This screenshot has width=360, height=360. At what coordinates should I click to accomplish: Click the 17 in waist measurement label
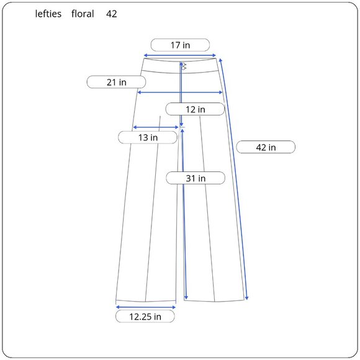click(x=180, y=45)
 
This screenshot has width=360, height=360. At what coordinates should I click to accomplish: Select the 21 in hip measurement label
click(x=116, y=82)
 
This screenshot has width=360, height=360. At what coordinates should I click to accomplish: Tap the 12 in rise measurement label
click(x=195, y=109)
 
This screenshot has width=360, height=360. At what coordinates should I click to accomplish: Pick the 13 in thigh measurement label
click(x=148, y=137)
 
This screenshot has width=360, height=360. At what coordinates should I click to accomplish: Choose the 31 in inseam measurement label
click(x=196, y=178)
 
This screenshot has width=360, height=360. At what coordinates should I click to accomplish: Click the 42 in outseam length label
click(x=266, y=147)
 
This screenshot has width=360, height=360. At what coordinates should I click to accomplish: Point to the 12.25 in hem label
click(x=145, y=317)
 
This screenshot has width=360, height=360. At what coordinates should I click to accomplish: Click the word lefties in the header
click(x=48, y=14)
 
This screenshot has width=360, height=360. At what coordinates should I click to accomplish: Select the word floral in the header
click(x=83, y=14)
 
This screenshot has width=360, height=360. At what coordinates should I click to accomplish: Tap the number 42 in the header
click(x=112, y=14)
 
